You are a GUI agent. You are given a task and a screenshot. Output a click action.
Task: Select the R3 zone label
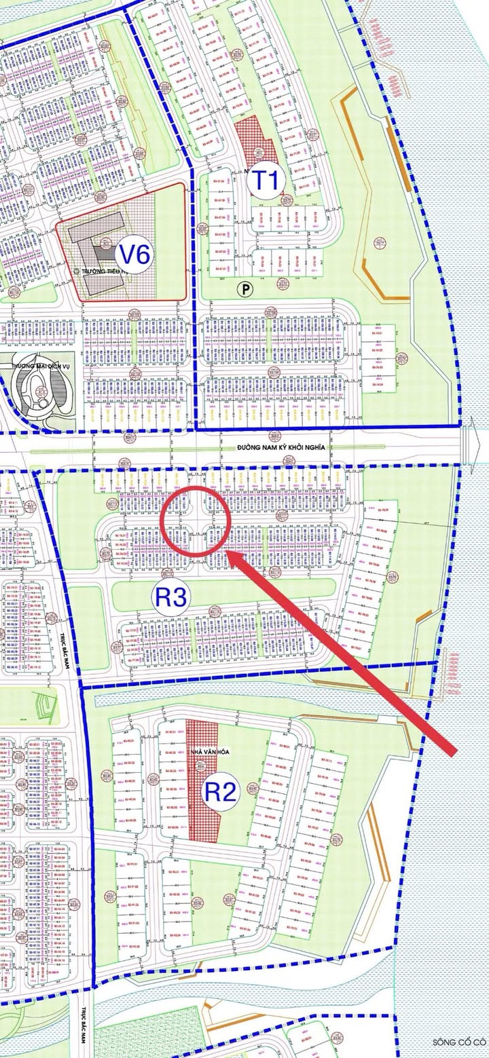point(173,597)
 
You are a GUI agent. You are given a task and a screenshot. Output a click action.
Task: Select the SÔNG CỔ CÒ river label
point(460,1041)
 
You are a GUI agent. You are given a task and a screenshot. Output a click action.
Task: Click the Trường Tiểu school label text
point(95,270)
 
